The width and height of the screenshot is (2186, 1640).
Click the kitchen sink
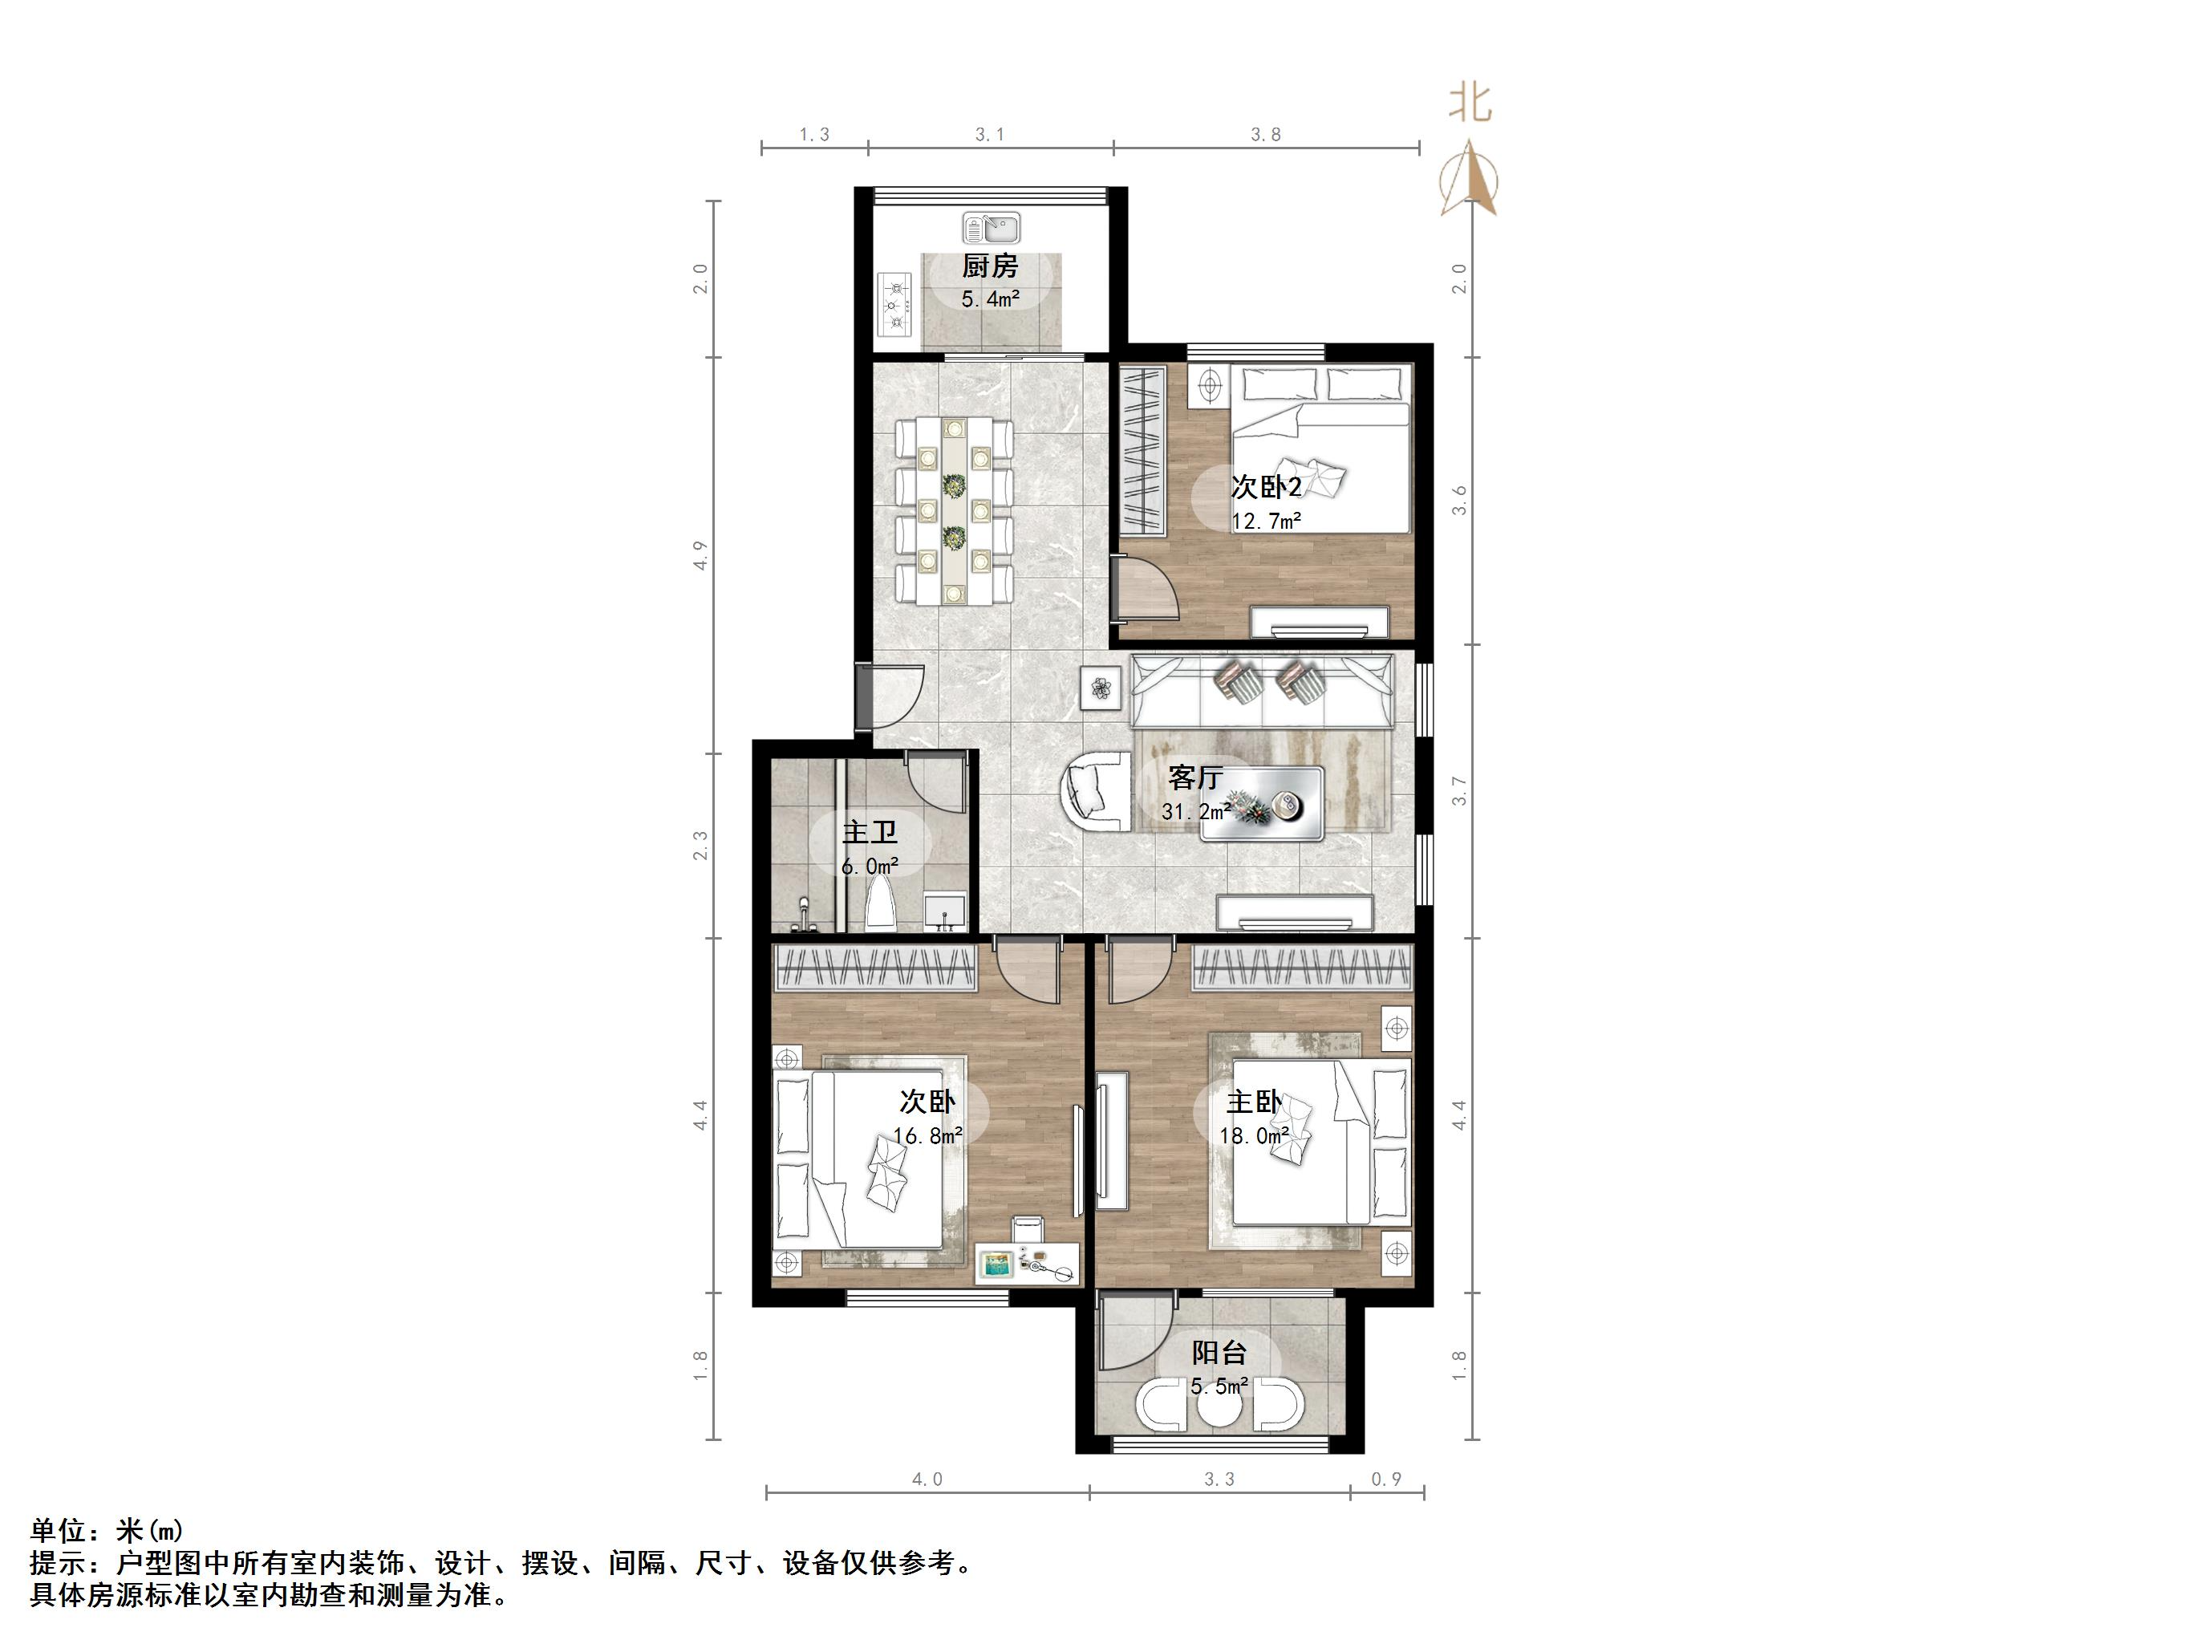[x=992, y=229]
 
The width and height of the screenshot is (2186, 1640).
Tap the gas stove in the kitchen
[x=896, y=304]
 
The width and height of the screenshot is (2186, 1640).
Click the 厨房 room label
[x=989, y=266]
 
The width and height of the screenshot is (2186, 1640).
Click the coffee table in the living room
[x=1261, y=804]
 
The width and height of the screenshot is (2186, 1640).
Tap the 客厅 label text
[x=1194, y=778]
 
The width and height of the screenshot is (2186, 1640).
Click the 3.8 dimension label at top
[x=1266, y=136]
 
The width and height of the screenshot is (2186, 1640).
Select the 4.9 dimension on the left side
[x=700, y=555]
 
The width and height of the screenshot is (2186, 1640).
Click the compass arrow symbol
[x=1470, y=178]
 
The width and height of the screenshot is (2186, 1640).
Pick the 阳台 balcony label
[x=1219, y=1352]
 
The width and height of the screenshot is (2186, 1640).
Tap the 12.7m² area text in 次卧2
[x=1266, y=521]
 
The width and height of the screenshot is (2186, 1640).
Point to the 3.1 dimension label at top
[x=990, y=136]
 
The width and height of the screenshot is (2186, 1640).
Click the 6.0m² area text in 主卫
[x=870, y=867]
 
